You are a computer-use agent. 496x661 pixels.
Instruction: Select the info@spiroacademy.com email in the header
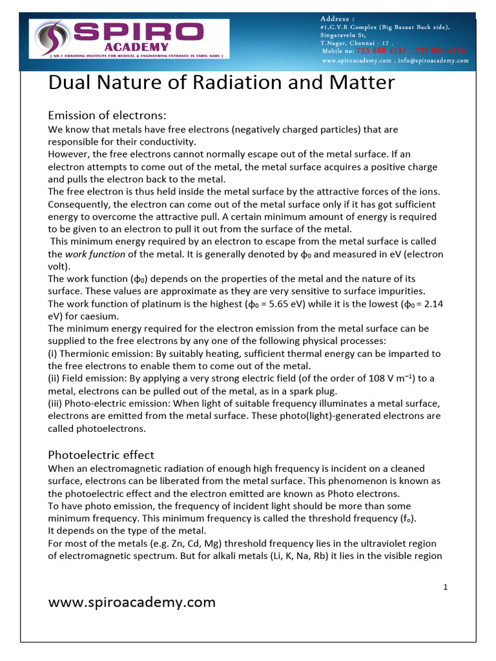433,61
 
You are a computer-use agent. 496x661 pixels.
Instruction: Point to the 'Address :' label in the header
337,18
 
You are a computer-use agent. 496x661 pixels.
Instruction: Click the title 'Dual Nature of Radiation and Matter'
222,83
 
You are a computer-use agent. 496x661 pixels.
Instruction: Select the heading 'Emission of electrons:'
107,116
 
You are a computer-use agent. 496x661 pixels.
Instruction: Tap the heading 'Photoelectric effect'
101,454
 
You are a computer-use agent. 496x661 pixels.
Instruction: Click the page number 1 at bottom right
446,587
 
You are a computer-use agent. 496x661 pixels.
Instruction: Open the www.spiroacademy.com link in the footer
132,602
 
